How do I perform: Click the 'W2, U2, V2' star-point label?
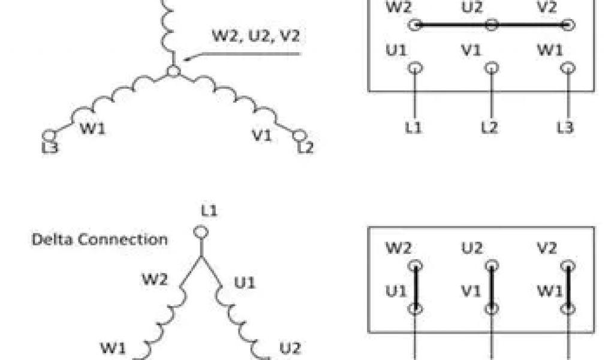[255, 35]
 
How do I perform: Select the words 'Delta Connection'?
[100, 239]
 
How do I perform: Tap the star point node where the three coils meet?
[174, 71]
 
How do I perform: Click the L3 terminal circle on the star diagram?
[50, 137]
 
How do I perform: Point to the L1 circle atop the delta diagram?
[200, 232]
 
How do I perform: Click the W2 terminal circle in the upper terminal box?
[414, 25]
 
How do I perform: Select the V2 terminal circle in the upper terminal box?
[567, 25]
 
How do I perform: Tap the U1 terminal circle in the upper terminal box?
[414, 68]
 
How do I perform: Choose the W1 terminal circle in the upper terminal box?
[567, 68]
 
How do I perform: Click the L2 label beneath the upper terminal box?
[489, 127]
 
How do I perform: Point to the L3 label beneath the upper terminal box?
[566, 127]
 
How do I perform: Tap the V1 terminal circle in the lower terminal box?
[491, 310]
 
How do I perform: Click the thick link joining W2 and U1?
[414, 287]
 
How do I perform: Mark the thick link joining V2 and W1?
[567, 287]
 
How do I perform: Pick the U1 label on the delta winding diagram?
[244, 282]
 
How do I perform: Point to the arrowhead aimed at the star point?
[185, 59]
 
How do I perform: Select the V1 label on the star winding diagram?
[261, 136]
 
